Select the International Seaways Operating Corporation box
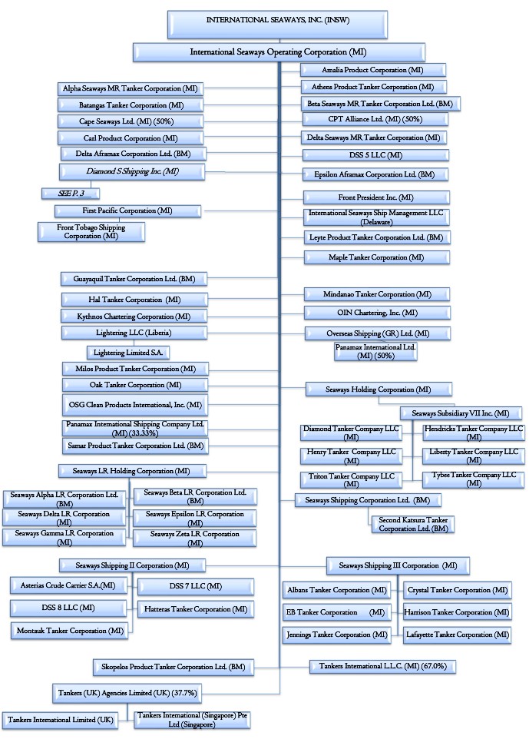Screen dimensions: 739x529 (x=278, y=52)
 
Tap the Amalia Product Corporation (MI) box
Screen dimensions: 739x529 (x=374, y=70)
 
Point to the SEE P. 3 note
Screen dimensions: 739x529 (x=71, y=193)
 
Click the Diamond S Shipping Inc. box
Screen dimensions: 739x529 (x=131, y=171)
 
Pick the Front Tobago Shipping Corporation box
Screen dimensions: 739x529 (x=91, y=232)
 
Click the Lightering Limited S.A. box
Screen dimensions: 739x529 (x=128, y=352)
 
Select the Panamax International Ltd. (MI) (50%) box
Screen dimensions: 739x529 (x=375, y=352)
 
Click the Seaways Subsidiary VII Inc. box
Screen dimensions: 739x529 (x=461, y=413)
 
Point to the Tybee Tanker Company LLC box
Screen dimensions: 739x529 (x=473, y=479)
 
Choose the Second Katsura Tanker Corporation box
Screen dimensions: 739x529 (x=412, y=524)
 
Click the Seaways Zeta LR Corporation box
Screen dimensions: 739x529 (x=194, y=538)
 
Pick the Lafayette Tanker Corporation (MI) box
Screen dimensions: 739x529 (x=458, y=635)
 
